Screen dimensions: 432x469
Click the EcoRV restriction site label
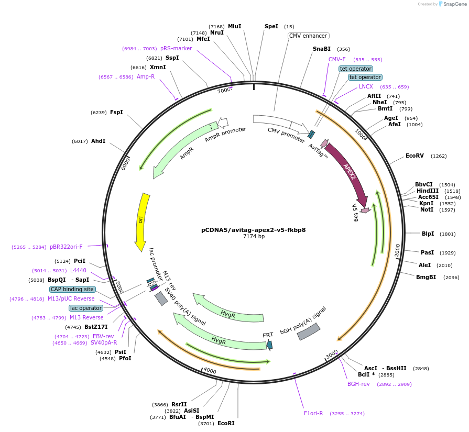tap(415, 156)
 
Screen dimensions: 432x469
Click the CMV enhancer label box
tap(308, 36)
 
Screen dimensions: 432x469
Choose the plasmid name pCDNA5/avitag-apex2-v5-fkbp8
tap(254, 229)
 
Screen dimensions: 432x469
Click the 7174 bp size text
tap(254, 237)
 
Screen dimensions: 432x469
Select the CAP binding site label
tap(72, 289)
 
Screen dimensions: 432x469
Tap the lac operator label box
tap(86, 308)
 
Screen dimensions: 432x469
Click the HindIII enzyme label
tap(428, 191)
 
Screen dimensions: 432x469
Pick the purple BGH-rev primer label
tap(358, 384)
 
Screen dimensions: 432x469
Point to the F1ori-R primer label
tap(313, 413)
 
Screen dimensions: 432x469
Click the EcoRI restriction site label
tap(226, 423)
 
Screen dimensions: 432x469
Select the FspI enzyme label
tap(116, 112)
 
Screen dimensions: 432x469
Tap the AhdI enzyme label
tap(98, 141)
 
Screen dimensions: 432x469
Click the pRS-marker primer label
tap(176, 48)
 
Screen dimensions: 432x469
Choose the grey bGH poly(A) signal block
tap(309, 331)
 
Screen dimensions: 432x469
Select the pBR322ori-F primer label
tap(66, 247)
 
